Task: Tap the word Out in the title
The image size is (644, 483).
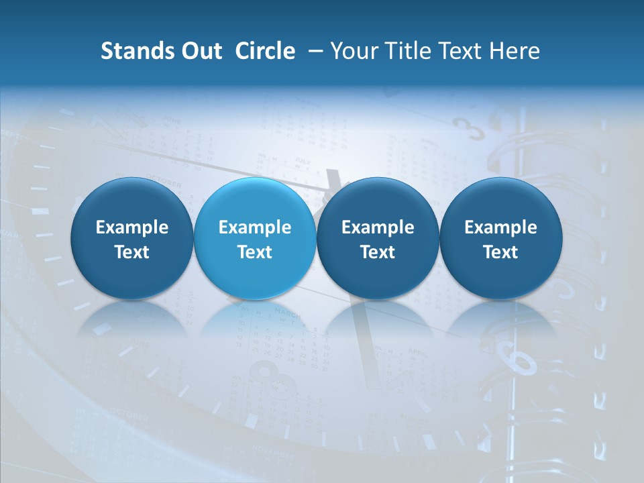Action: pyautogui.click(x=201, y=51)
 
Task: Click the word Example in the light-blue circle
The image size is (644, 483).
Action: pyautogui.click(x=255, y=227)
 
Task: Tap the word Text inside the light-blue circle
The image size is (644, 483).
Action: pyautogui.click(x=255, y=252)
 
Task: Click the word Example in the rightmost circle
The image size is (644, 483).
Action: pyautogui.click(x=501, y=227)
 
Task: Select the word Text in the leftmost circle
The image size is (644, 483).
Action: pyautogui.click(x=132, y=252)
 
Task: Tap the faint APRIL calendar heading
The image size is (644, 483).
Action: pyautogui.click(x=417, y=352)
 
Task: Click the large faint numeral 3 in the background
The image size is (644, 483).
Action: pyautogui.click(x=470, y=127)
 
